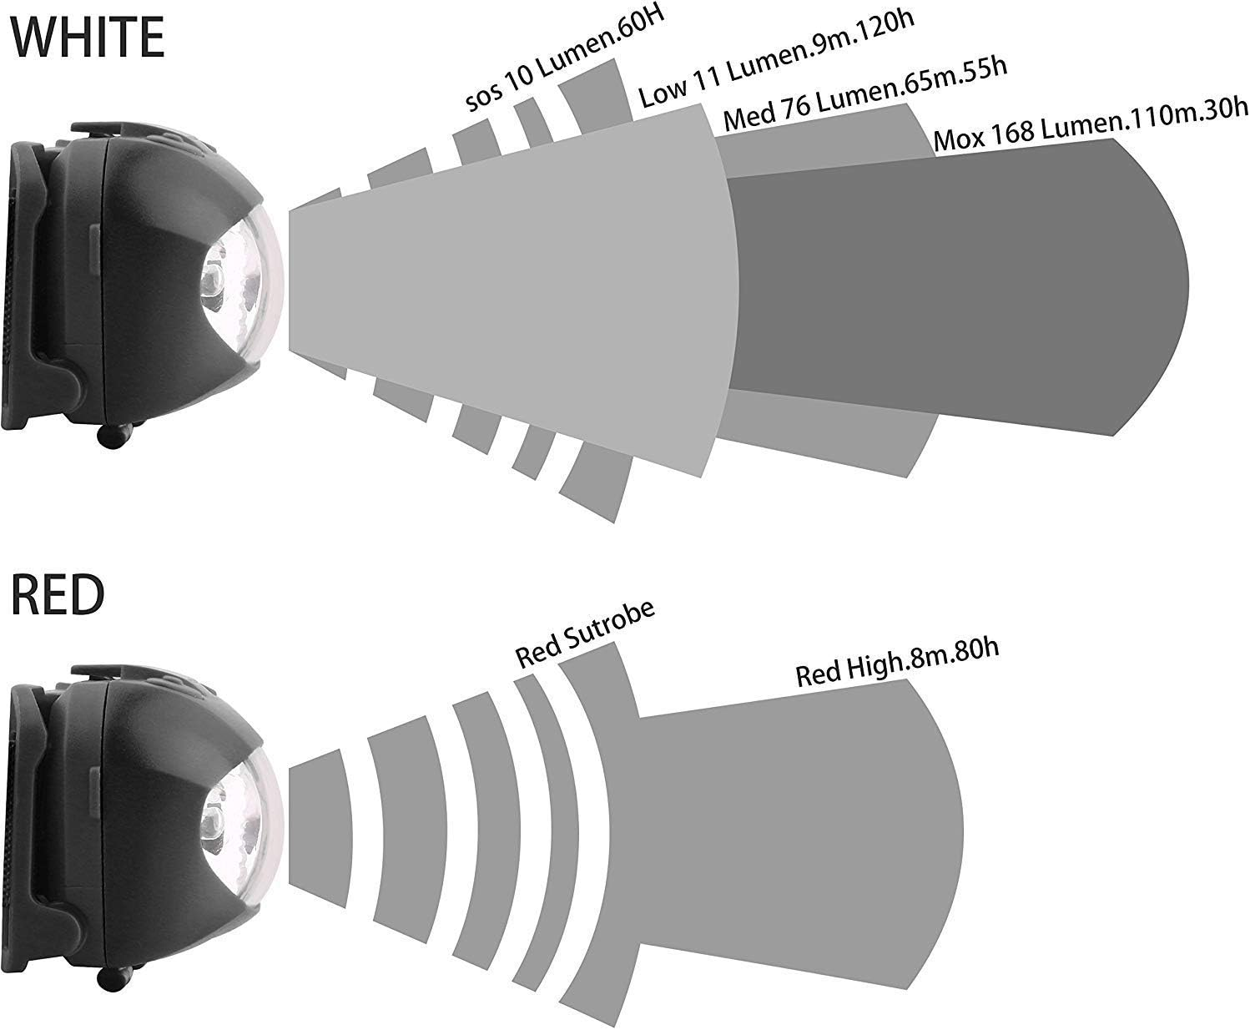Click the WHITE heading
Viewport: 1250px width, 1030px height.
[88, 38]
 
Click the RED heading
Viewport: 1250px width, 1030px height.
[58, 594]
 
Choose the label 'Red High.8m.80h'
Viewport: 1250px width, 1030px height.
[897, 662]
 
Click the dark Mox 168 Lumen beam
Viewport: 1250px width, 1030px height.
[958, 287]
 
